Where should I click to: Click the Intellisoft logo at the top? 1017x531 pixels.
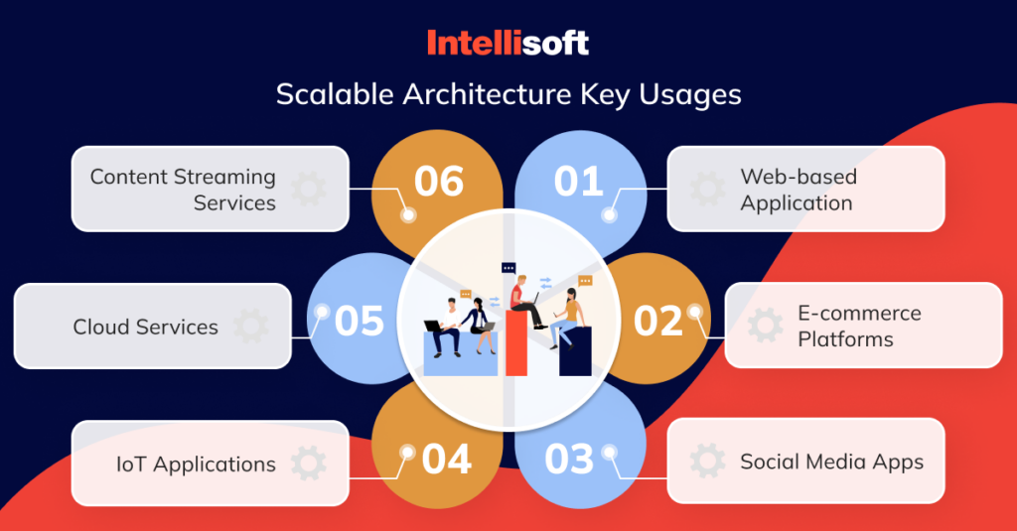(508, 43)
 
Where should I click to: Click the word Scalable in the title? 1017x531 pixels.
(335, 94)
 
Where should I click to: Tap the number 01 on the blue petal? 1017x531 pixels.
(578, 182)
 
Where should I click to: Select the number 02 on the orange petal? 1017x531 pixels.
(658, 321)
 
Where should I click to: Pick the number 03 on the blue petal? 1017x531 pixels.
(569, 460)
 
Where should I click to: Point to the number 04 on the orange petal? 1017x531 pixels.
(447, 460)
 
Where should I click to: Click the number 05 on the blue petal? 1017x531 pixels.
(360, 321)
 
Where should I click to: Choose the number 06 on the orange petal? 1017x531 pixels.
(439, 182)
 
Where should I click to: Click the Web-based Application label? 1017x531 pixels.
(797, 190)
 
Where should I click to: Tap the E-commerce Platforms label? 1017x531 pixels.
(859, 326)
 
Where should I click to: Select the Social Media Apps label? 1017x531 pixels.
(831, 462)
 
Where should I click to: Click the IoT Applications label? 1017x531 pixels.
(195, 464)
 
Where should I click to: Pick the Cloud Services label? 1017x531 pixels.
(145, 327)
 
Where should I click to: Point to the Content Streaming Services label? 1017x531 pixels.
(183, 190)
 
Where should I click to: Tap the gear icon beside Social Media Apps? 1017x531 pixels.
(707, 462)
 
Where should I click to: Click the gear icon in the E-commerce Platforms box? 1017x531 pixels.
(765, 326)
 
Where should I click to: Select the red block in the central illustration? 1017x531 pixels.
(516, 343)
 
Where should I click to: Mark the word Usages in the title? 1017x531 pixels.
(688, 94)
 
